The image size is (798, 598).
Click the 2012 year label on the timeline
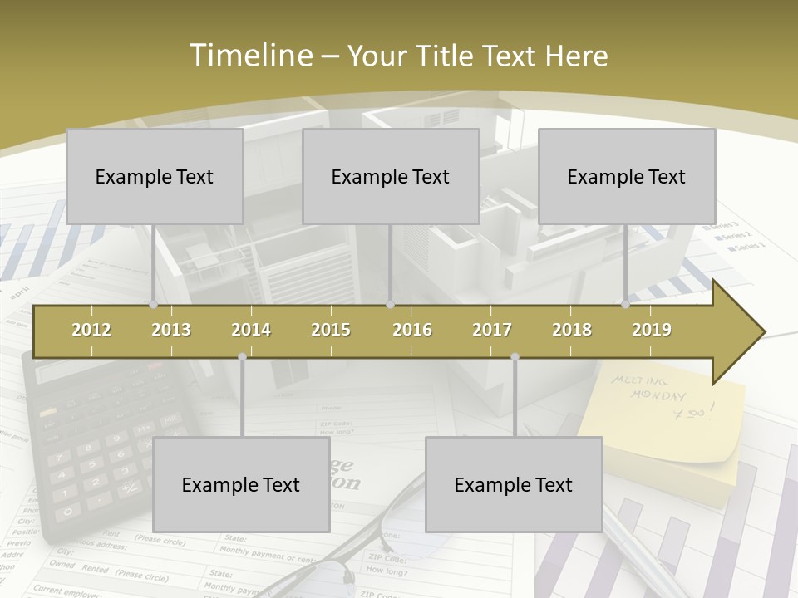(91, 330)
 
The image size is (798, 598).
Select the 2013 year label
(171, 330)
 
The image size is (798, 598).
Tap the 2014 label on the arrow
(251, 330)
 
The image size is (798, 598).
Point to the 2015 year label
(331, 330)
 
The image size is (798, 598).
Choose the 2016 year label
(412, 330)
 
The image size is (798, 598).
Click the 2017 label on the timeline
(492, 330)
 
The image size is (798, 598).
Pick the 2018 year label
(572, 330)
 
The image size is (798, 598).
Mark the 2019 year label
(652, 330)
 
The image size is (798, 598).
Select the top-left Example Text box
(155, 176)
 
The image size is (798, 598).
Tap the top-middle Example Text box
(391, 176)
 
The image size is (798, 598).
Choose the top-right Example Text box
(627, 176)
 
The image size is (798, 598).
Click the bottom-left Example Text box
(241, 484)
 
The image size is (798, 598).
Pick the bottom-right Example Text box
(514, 484)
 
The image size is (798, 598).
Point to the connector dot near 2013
(153, 304)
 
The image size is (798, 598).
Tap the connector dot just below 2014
(242, 356)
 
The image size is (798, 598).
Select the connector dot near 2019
(625, 304)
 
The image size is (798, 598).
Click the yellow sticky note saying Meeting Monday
(665, 424)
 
